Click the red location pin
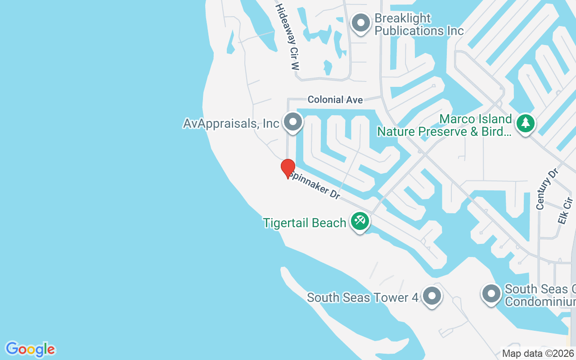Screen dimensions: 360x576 [288, 169]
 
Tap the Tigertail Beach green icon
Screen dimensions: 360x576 [360, 221]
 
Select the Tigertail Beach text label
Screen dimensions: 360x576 [305, 223]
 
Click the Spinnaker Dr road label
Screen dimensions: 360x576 [314, 185]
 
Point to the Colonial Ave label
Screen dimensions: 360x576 [335, 99]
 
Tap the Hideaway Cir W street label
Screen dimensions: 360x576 [288, 37]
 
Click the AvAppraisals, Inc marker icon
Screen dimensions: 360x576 [293, 122]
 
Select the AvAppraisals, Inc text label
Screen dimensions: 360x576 [231, 123]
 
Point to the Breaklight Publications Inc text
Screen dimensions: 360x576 [418, 25]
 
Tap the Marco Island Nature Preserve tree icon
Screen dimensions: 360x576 [525, 123]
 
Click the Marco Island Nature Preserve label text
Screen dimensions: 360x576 [445, 126]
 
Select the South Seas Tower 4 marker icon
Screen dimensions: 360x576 [432, 296]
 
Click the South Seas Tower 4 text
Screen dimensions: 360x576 [363, 297]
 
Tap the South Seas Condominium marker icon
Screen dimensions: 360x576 [491, 294]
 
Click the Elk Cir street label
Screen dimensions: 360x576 [564, 211]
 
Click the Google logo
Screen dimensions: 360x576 [31, 349]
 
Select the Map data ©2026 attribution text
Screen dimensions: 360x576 [538, 353]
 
